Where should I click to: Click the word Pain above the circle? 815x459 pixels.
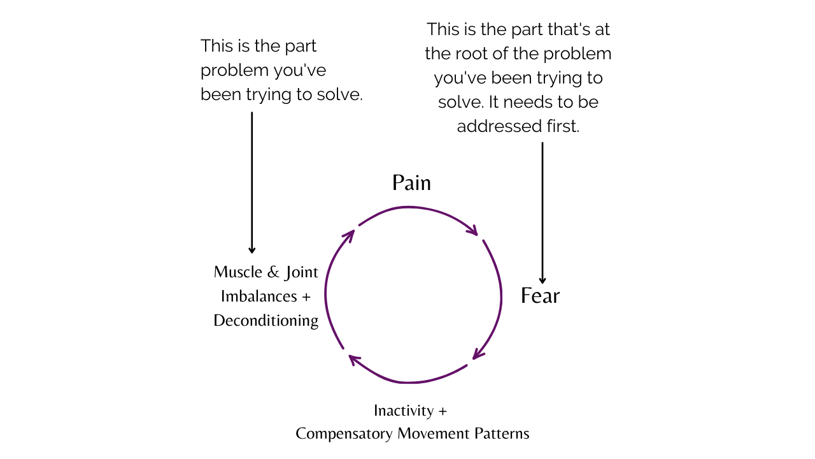411,184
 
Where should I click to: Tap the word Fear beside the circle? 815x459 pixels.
540,296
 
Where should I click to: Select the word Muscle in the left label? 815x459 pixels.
237,272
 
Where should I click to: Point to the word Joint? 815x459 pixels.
301,272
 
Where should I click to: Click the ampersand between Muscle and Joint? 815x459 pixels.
273,272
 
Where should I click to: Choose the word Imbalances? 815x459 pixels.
259,296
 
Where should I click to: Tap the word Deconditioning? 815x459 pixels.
266,321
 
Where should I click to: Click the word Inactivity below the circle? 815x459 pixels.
404,411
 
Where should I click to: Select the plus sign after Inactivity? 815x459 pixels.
443,411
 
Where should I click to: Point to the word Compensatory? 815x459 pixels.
344,434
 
